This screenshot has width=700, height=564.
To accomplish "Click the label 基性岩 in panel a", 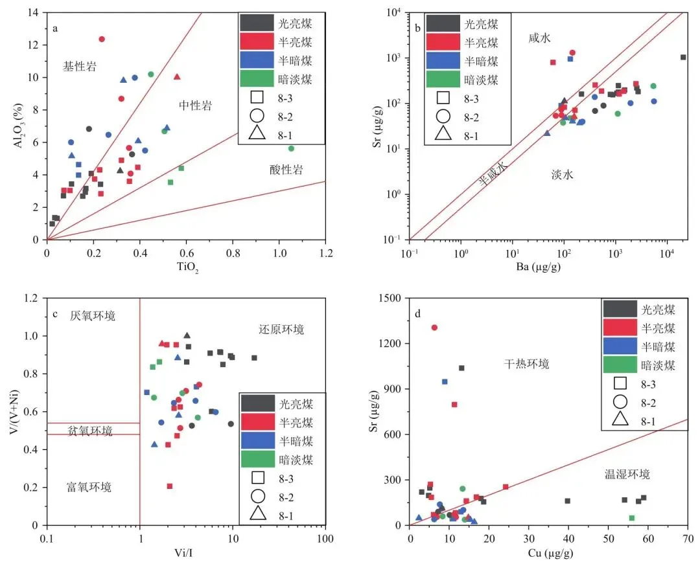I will pyautogui.click(x=80, y=66).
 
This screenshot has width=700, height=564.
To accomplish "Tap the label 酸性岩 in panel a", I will pyautogui.click(x=286, y=170).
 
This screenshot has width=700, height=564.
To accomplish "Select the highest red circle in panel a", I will pyautogui.click(x=102, y=39).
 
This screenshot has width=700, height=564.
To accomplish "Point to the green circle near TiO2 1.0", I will pyautogui.click(x=291, y=148).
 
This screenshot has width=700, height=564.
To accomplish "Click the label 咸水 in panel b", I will pyautogui.click(x=539, y=39).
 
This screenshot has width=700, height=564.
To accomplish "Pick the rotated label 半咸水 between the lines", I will pyautogui.click(x=494, y=174).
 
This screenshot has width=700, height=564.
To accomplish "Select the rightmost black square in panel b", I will pyautogui.click(x=683, y=57).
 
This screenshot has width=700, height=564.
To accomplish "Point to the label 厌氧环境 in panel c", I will pyautogui.click(x=93, y=316).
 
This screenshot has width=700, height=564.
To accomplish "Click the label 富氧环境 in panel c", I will pyautogui.click(x=89, y=487).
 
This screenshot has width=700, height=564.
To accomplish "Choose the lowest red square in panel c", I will pyautogui.click(x=170, y=486).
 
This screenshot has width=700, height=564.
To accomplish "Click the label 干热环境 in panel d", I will pyautogui.click(x=527, y=364).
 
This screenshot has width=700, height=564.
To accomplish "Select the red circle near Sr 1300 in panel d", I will pyautogui.click(x=434, y=327).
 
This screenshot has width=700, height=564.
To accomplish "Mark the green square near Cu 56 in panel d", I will pyautogui.click(x=632, y=517).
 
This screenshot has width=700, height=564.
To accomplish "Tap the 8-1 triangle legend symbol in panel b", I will pyautogui.click(x=443, y=134).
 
